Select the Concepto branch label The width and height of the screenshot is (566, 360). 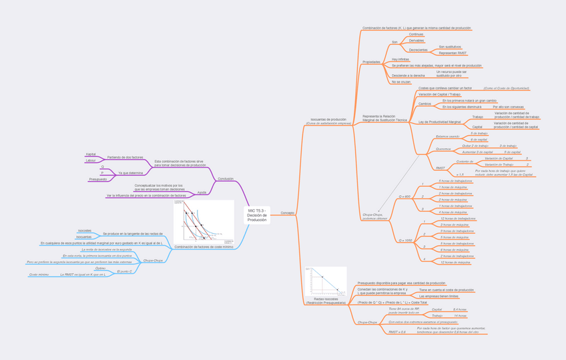click(x=287, y=213)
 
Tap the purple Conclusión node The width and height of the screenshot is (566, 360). click(x=226, y=179)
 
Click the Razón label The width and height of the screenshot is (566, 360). click(x=202, y=192)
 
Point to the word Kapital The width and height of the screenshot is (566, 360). click(x=91, y=154)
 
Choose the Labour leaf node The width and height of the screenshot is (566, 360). click(x=91, y=160)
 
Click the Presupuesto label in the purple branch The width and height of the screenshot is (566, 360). click(x=97, y=179)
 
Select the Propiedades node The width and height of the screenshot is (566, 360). click(x=371, y=62)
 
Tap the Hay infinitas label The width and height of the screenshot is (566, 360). click(x=400, y=59)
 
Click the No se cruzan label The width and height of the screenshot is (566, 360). click(x=401, y=82)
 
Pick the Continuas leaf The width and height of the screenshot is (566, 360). click(x=416, y=34)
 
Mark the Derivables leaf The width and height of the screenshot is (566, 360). click(x=416, y=41)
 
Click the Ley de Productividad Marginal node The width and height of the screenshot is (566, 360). click(x=439, y=122)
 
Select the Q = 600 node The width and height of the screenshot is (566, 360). click(x=404, y=196)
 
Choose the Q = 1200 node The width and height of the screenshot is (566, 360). click(x=405, y=240)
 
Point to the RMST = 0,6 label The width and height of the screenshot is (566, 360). click(x=397, y=332)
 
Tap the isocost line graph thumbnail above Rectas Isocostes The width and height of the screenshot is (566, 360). click(x=326, y=281)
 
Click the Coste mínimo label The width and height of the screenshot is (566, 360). click(x=39, y=275)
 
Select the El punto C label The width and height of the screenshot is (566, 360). click(x=124, y=271)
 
